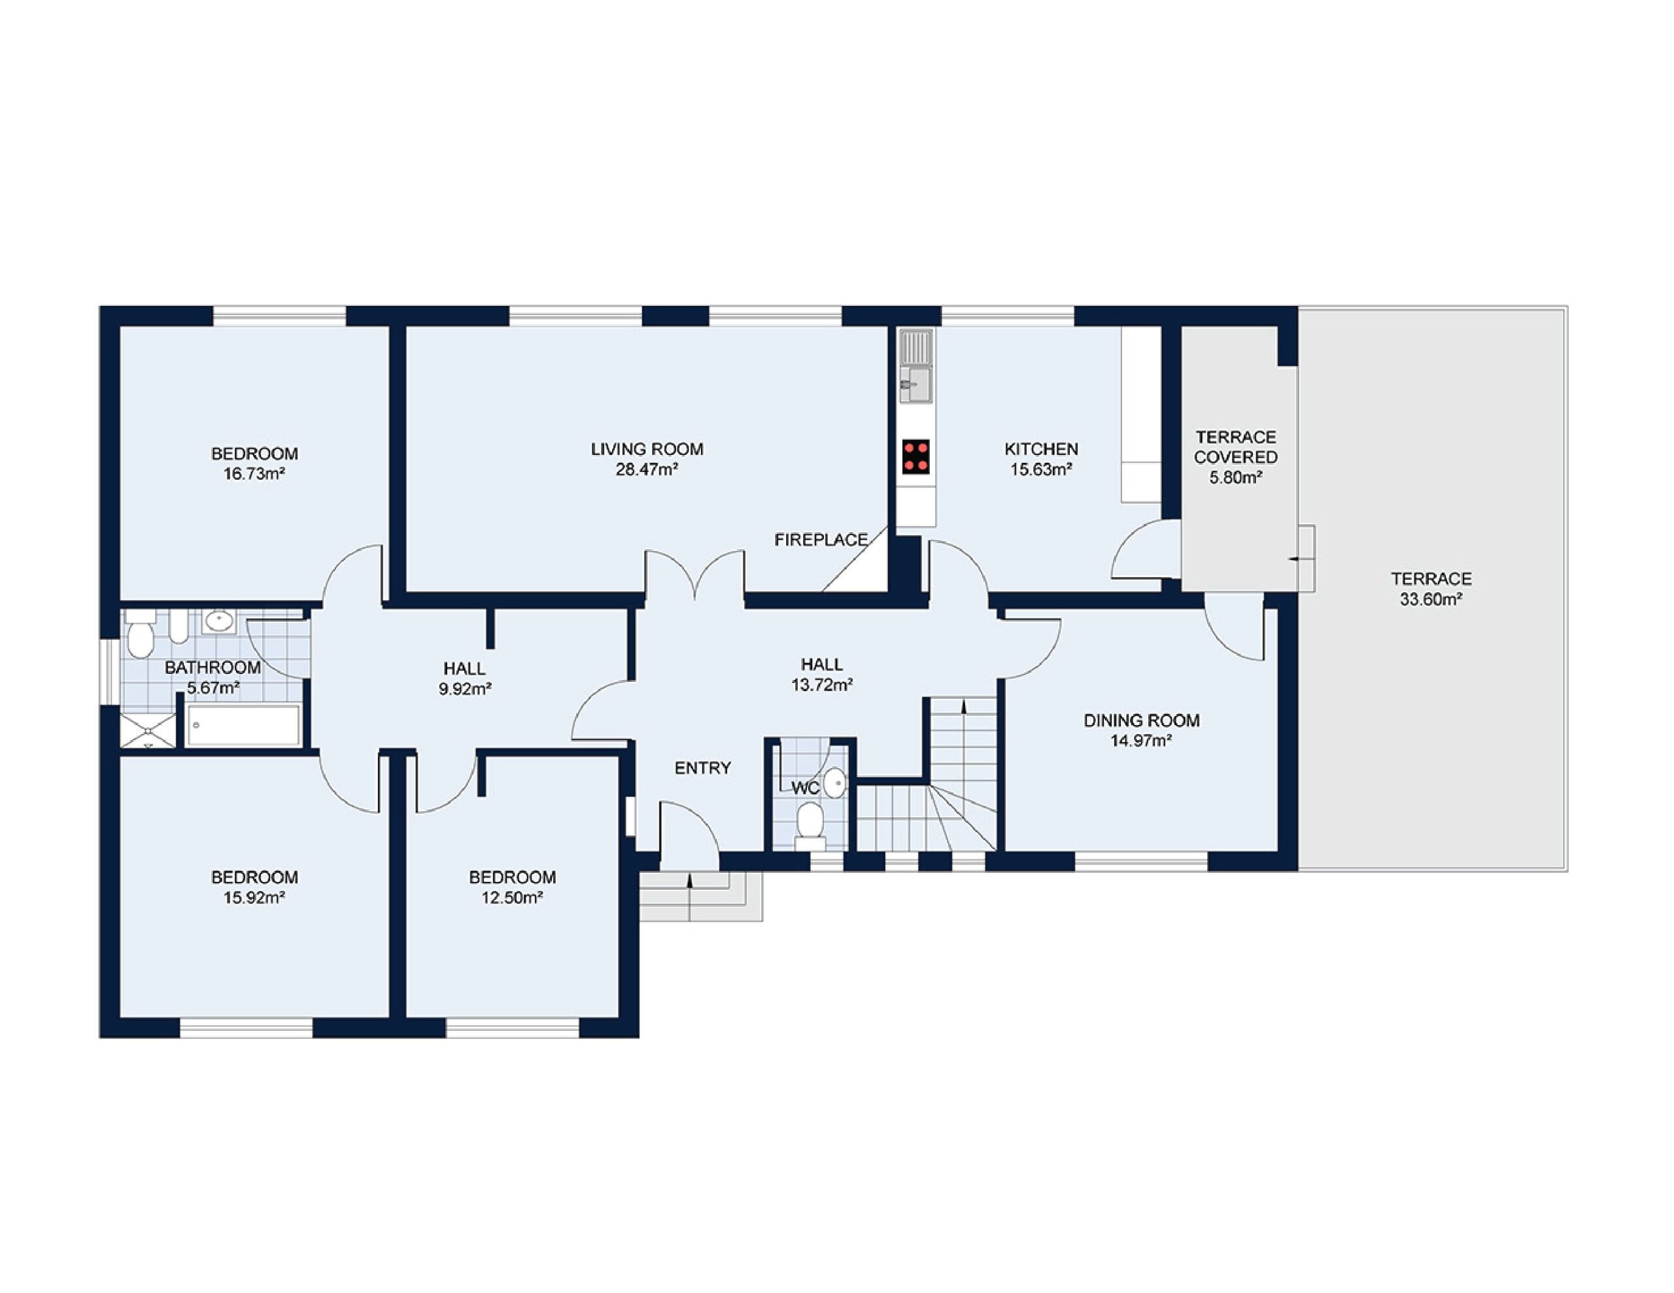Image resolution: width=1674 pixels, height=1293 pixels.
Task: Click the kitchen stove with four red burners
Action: [915, 457]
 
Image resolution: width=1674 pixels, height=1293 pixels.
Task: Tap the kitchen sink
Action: [915, 366]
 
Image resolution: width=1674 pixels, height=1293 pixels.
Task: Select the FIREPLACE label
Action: [821, 541]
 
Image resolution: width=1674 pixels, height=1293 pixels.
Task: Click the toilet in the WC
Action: [810, 826]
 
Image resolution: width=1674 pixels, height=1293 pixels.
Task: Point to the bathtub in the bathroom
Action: [243, 724]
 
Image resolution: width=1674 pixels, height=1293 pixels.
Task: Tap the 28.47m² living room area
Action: [647, 470]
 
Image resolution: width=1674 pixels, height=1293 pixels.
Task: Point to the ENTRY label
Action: [703, 768]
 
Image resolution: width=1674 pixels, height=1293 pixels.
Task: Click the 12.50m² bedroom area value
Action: [512, 898]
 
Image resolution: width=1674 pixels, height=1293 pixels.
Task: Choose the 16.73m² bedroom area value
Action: [254, 474]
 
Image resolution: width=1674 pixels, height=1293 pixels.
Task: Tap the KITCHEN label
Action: [1041, 449]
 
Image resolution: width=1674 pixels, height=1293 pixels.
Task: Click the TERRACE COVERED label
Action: [1236, 448]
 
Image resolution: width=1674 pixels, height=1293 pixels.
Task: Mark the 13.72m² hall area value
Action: [822, 685]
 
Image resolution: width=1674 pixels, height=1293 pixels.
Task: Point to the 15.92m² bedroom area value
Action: [254, 898]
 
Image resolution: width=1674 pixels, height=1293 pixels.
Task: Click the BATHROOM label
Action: [213, 667]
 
